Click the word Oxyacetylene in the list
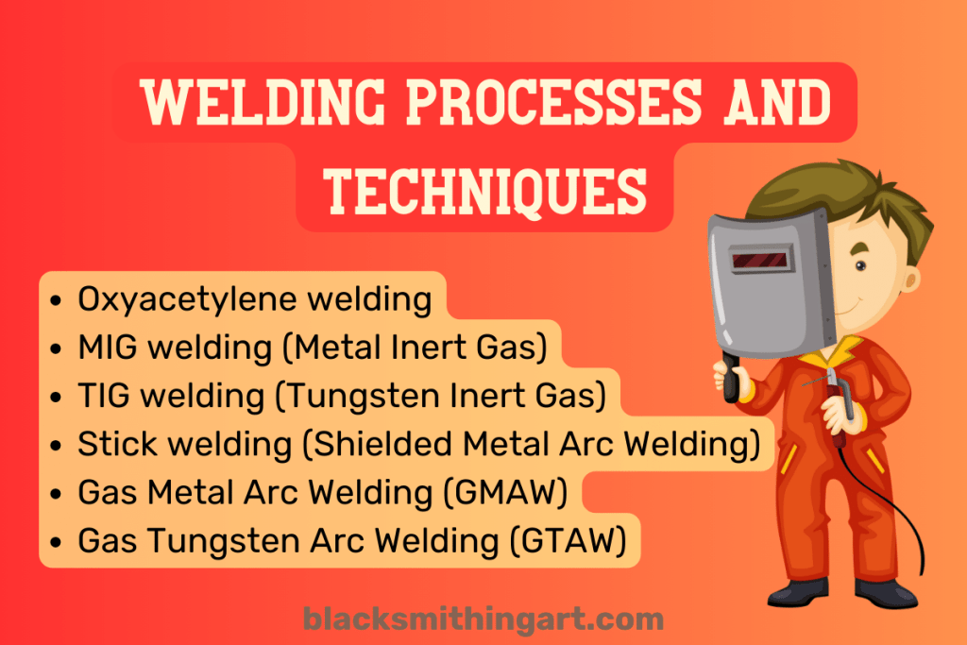click(x=179, y=299)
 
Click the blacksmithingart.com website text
click(x=483, y=620)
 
